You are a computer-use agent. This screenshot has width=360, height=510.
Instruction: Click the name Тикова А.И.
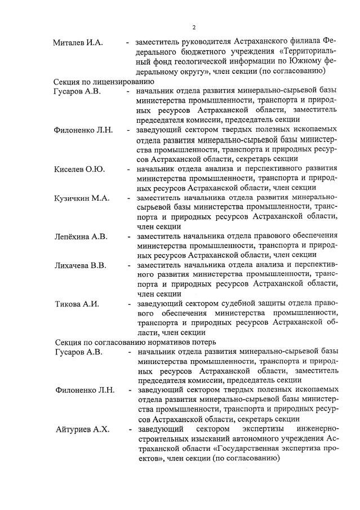point(76,304)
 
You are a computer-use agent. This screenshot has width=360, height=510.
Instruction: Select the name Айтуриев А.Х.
point(82,430)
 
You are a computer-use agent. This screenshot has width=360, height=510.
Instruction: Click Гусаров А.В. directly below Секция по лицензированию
point(77,91)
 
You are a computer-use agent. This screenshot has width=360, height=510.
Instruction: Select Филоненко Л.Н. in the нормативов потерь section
point(84,390)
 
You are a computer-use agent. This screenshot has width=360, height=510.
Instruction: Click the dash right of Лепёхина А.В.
point(128,236)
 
